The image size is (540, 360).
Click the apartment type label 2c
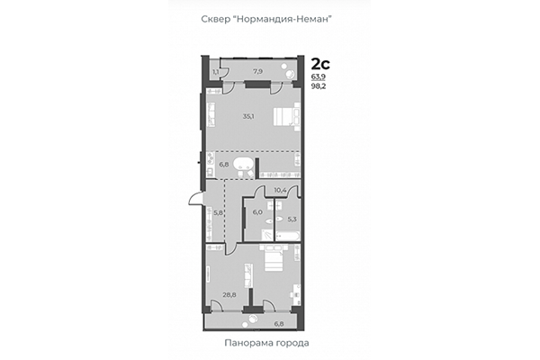pos(319,63)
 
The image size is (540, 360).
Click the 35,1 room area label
pos(248,115)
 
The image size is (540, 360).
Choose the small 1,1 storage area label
pos(216,70)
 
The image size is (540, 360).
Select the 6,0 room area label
pos(256,212)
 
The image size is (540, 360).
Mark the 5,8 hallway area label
pos(217,212)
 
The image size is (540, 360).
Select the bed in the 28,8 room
pos(273,261)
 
